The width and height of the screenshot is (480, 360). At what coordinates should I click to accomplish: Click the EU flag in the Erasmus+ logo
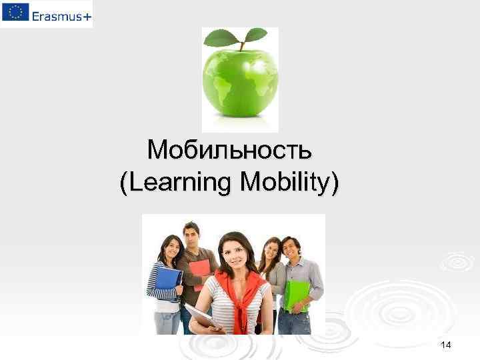pyautogui.click(x=15, y=13)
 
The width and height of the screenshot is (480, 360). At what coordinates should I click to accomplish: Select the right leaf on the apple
pyautogui.click(x=254, y=34)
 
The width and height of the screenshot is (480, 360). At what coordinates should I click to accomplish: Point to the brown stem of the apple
pyautogui.click(x=242, y=45)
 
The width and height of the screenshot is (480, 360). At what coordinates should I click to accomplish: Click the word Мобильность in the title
pyautogui.click(x=229, y=150)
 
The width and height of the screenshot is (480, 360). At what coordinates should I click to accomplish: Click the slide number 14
pyautogui.click(x=446, y=344)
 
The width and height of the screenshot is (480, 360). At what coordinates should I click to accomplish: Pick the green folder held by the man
pyautogui.click(x=297, y=294)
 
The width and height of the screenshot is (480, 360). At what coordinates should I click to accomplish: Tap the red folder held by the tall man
pyautogui.click(x=200, y=271)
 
